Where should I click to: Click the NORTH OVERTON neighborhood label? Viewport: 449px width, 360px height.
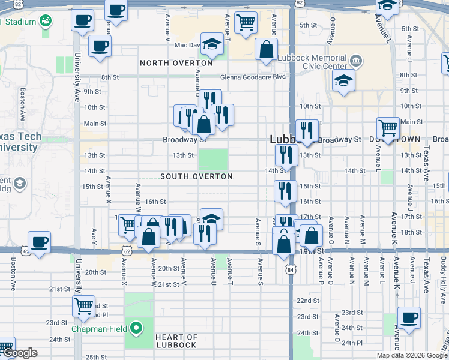click(176, 63)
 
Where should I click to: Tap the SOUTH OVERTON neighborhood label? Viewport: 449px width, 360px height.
click(196, 176)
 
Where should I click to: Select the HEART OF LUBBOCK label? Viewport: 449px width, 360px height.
click(176, 341)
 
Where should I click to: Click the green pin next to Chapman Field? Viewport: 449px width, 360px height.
click(136, 328)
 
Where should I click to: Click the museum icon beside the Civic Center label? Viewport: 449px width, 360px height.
click(356, 61)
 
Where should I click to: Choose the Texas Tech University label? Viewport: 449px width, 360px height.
click(21, 142)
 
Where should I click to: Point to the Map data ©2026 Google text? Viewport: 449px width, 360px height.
click(412, 355)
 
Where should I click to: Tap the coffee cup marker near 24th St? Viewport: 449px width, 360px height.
click(409, 318)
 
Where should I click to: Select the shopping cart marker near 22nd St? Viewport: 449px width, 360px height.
click(83, 306)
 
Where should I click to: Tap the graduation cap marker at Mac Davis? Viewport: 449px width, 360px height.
click(212, 44)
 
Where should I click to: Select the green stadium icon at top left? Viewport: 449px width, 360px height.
click(45, 22)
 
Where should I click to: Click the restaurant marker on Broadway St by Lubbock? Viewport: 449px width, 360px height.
click(307, 131)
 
